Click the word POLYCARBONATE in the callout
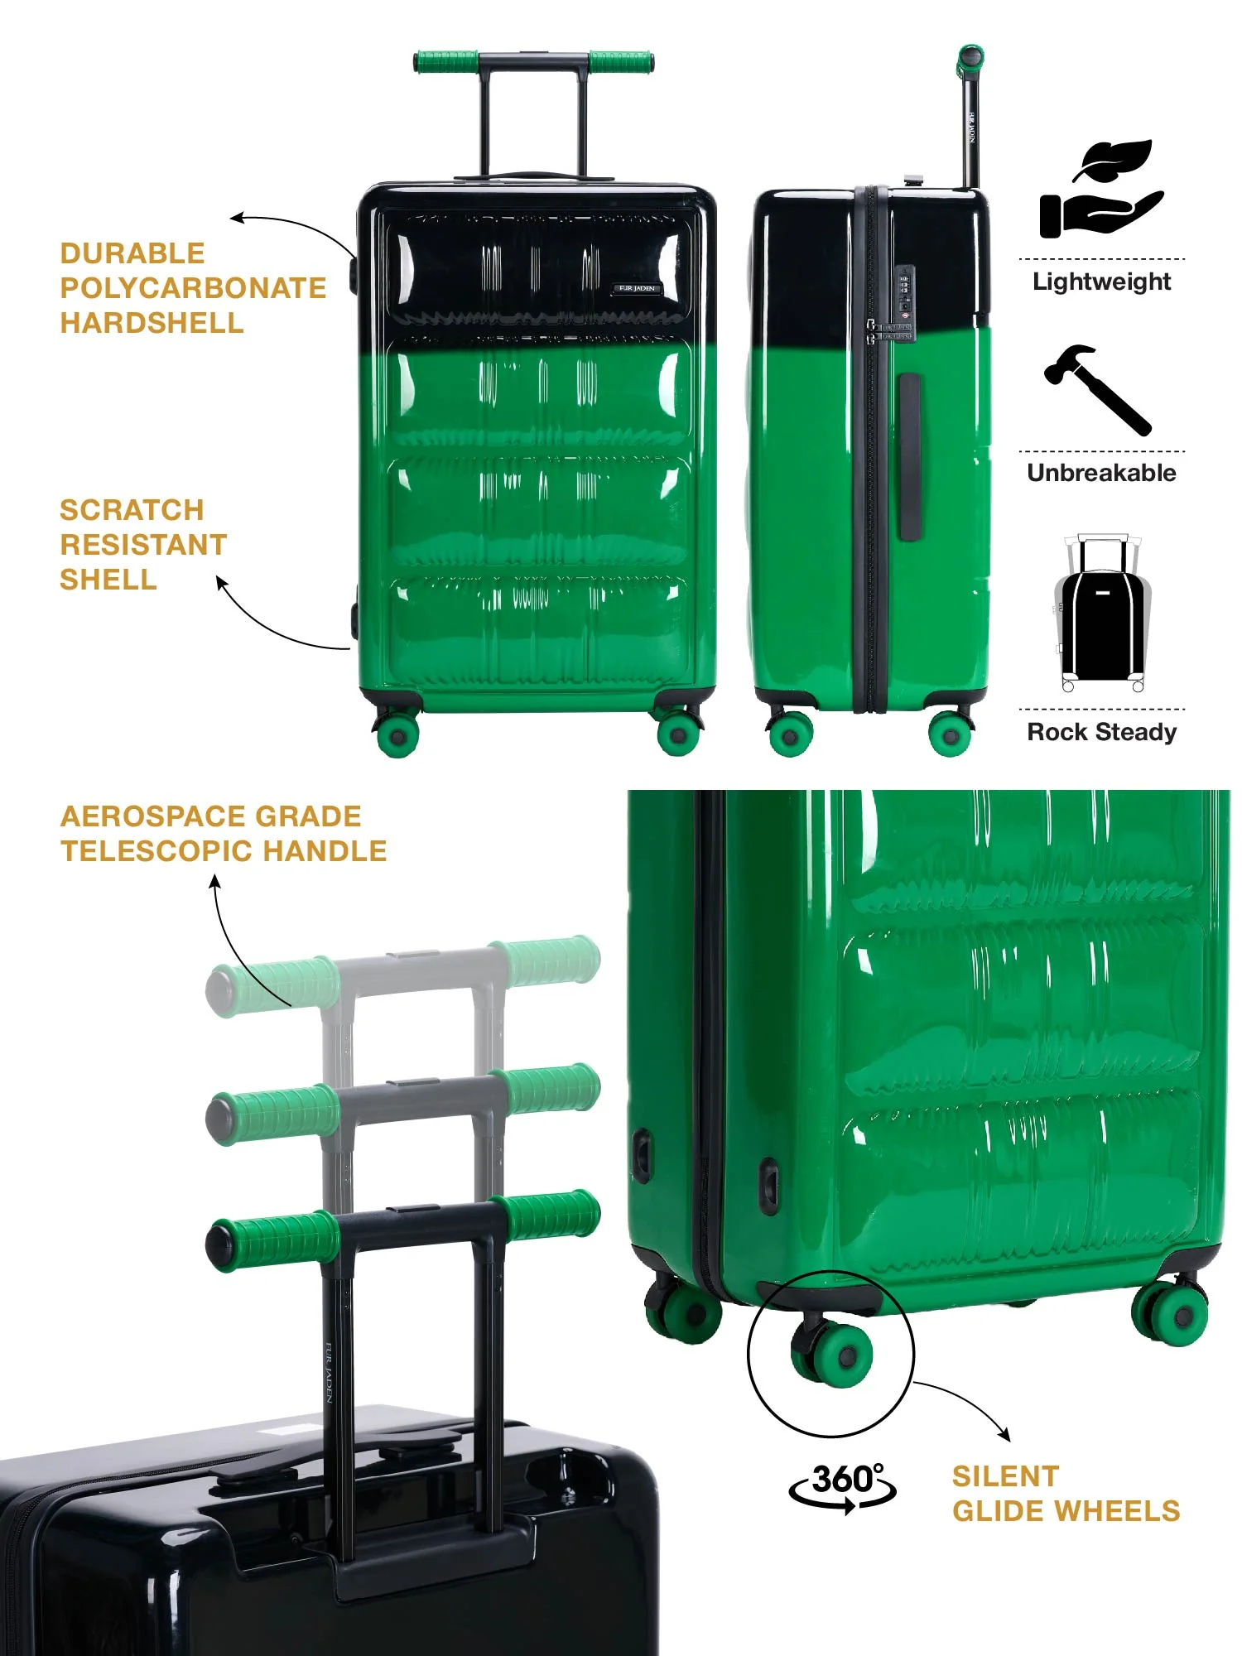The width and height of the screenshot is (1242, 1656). (x=193, y=288)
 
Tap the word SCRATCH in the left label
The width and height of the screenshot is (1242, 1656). (x=132, y=510)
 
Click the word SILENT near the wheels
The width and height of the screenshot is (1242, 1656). (x=1005, y=1476)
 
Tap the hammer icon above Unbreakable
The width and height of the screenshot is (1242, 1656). (x=1098, y=389)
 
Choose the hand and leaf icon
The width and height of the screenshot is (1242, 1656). (x=1101, y=189)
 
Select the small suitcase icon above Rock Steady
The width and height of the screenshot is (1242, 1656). (x=1102, y=613)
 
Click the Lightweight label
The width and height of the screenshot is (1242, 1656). (x=1102, y=282)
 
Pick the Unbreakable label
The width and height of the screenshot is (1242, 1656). (x=1102, y=473)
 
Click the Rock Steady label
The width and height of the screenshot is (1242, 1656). (x=1102, y=732)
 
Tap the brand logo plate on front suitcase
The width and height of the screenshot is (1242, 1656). (x=638, y=288)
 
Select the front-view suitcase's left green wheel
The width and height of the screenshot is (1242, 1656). (x=397, y=733)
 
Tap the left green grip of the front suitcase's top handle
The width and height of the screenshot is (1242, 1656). (x=446, y=61)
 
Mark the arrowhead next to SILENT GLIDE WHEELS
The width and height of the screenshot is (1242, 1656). (x=1005, y=1435)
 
